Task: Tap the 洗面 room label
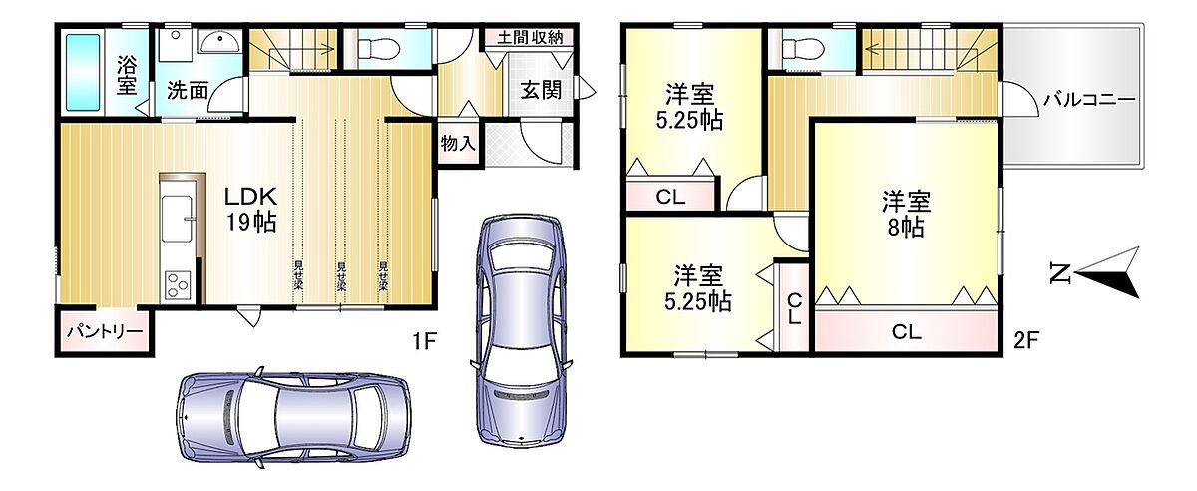click(x=188, y=91)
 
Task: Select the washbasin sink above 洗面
click(x=219, y=41)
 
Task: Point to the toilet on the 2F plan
click(x=803, y=49)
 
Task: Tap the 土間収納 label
click(x=530, y=38)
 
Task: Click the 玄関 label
click(x=541, y=90)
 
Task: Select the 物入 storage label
click(x=458, y=143)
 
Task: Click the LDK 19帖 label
click(x=250, y=209)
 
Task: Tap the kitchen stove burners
click(x=178, y=284)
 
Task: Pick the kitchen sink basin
click(x=177, y=219)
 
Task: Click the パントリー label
click(x=106, y=331)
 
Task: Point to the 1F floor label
click(x=424, y=340)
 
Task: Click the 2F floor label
click(x=1026, y=339)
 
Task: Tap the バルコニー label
click(x=1089, y=100)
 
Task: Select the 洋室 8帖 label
click(x=906, y=214)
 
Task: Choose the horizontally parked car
click(x=293, y=417)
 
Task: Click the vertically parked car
click(x=521, y=330)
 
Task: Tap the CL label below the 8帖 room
click(x=907, y=332)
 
